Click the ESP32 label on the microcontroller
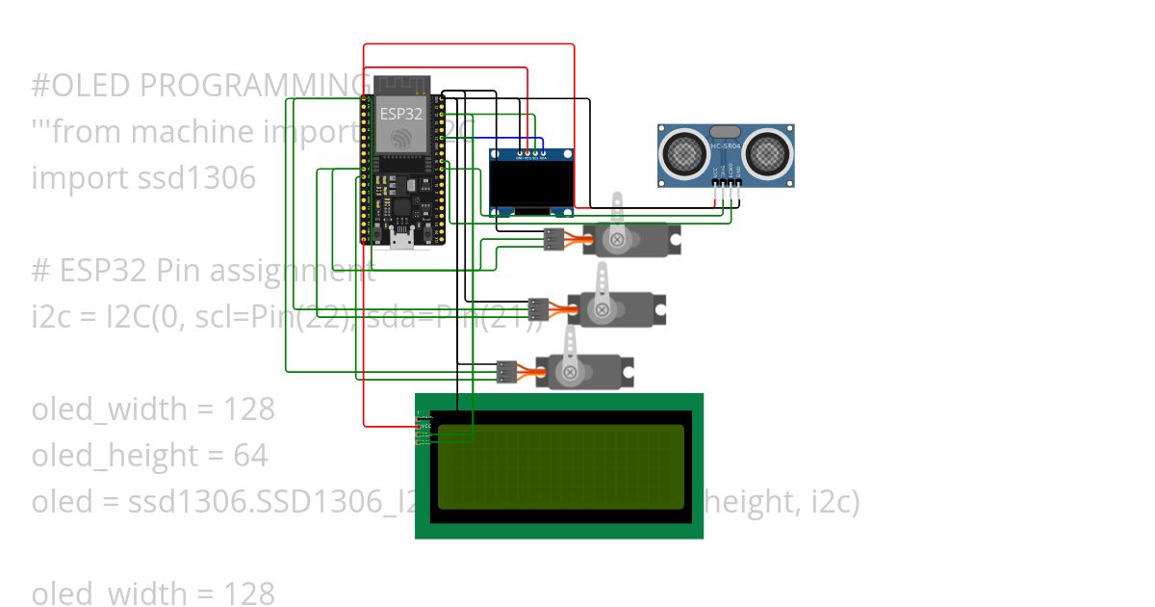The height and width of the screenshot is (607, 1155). pos(399,113)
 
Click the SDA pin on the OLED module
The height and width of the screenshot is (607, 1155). pos(544,152)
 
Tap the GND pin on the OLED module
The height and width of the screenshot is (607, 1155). pos(520,152)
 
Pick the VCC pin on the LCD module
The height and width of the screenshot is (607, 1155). pos(421,425)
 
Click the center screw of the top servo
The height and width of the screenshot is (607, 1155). pos(616,239)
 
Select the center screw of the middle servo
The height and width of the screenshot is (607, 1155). pos(602,309)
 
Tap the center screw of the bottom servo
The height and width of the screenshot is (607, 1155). pos(570,372)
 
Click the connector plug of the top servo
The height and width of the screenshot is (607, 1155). pos(553,240)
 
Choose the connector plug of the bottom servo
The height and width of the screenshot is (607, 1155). pos(507,372)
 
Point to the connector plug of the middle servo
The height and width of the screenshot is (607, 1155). pos(539,309)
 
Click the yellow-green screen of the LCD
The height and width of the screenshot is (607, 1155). pos(561,466)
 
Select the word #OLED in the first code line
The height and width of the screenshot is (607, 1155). pos(82,86)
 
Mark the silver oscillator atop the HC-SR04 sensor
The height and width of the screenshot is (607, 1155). pos(725,131)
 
